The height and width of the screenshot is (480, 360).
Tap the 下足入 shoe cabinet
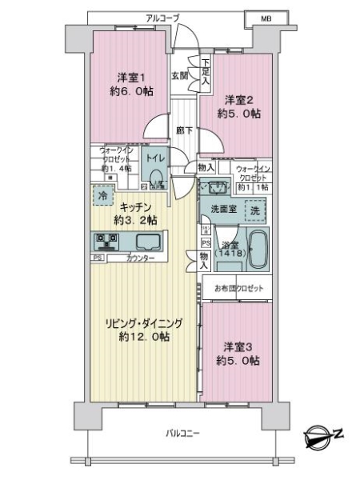(x=206, y=71)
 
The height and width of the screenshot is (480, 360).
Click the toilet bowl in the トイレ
(x=156, y=178)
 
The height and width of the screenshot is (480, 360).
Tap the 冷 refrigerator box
(x=102, y=194)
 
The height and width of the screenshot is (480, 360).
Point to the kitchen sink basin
(x=147, y=242)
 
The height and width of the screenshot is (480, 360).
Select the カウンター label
(x=141, y=258)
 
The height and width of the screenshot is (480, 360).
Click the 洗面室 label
(x=222, y=209)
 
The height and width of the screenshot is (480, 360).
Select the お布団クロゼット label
(x=237, y=287)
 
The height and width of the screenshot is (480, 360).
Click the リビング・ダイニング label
(x=141, y=324)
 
